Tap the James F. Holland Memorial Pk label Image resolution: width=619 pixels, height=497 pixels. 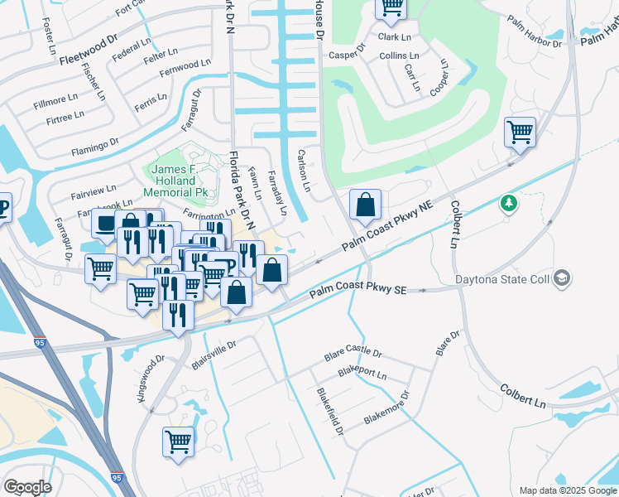[180, 181]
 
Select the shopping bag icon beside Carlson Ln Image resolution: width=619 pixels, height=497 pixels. [364, 204]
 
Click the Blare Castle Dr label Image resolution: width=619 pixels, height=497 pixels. [353, 354]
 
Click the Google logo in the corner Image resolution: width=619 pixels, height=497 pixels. [27, 486]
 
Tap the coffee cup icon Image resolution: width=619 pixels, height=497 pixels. [105, 224]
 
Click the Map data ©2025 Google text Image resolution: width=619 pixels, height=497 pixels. [567, 490]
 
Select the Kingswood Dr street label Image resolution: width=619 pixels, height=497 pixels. [152, 379]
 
